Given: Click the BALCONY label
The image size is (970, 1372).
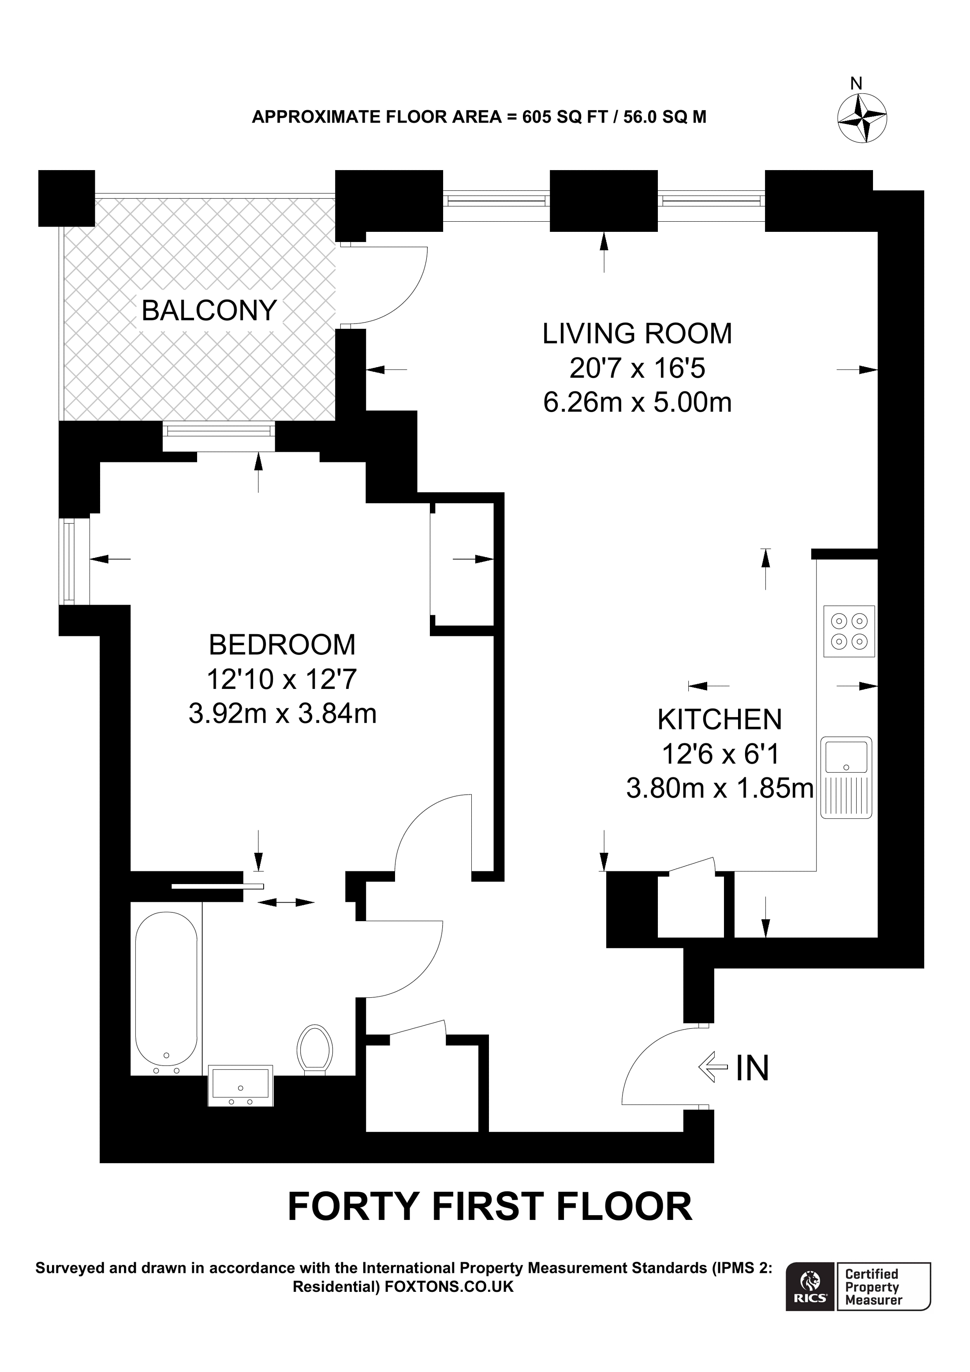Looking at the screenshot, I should pyautogui.click(x=209, y=310).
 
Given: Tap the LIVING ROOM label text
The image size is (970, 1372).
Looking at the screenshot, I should pyautogui.click(x=637, y=334).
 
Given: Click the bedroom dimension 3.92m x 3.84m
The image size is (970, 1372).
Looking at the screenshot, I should pyautogui.click(x=282, y=714).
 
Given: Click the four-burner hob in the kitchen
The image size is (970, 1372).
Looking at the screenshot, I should pyautogui.click(x=849, y=632).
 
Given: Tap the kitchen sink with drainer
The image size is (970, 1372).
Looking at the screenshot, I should pyautogui.click(x=846, y=777).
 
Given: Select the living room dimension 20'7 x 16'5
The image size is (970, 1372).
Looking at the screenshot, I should pyautogui.click(x=637, y=368).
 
